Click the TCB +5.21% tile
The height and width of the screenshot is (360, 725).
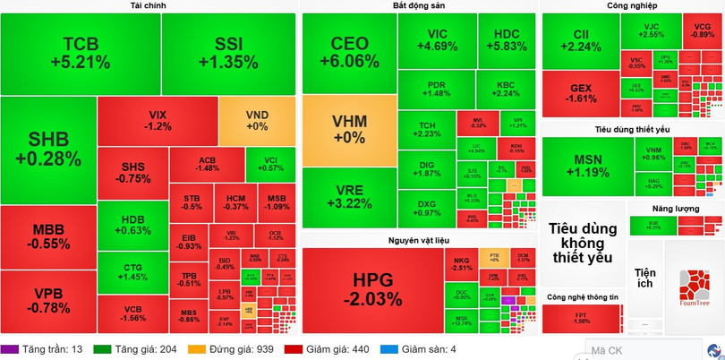click(x=81, y=53)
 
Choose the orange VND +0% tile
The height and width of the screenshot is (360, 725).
click(x=257, y=121)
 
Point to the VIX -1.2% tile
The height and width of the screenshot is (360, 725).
click(x=158, y=121)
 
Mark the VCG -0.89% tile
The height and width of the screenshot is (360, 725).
click(x=702, y=32)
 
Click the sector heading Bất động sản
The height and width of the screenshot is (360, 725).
click(x=418, y=6)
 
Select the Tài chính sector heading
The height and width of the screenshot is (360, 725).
click(x=148, y=6)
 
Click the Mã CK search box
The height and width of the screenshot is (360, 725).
click(x=640, y=350)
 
